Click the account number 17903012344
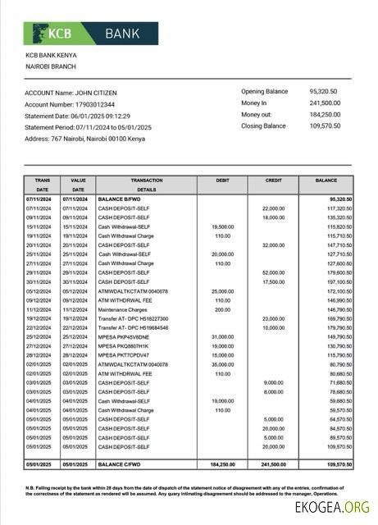click(x=93, y=104)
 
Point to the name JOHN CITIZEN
click(x=101, y=93)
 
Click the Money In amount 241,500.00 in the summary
click(x=326, y=103)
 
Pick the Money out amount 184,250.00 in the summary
click(x=326, y=114)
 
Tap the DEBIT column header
click(x=221, y=180)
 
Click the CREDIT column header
click(x=273, y=180)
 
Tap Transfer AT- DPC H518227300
click(x=133, y=319)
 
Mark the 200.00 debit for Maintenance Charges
click(x=222, y=310)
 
